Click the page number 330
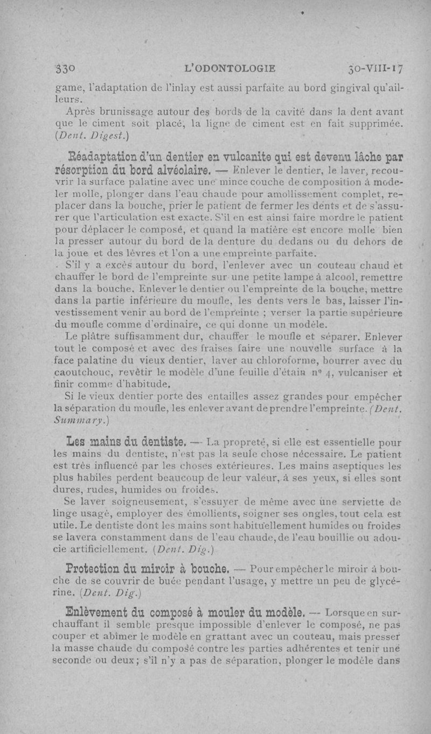(x=67, y=68)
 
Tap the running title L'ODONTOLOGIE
(x=230, y=68)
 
